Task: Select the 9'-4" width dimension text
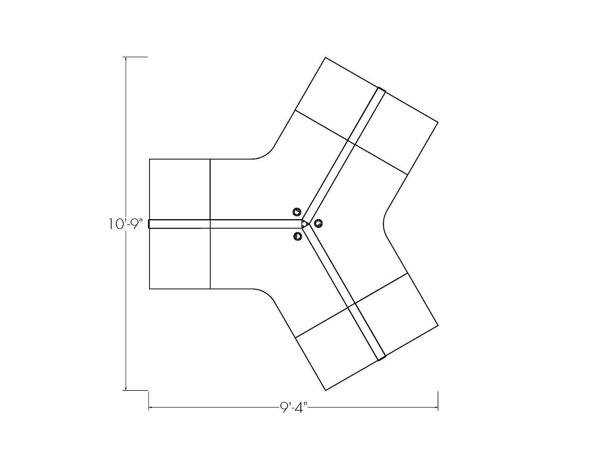click(x=293, y=408)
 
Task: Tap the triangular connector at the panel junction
click(x=305, y=224)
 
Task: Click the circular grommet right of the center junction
click(x=318, y=224)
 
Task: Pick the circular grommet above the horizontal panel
click(x=297, y=212)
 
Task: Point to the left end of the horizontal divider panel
click(x=150, y=224)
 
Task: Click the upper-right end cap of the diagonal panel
click(x=381, y=90)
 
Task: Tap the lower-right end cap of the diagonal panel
click(x=382, y=358)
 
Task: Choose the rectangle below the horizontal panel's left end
click(x=180, y=259)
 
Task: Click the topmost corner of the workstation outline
click(x=326, y=58)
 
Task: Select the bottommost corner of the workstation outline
click(x=326, y=390)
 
